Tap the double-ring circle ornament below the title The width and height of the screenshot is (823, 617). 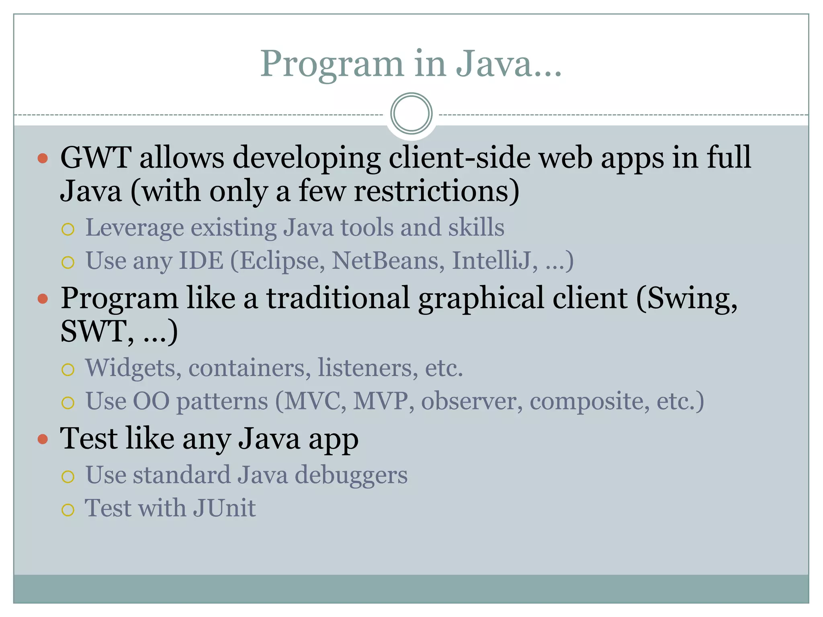pyautogui.click(x=411, y=113)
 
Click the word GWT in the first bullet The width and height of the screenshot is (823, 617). pyautogui.click(x=96, y=157)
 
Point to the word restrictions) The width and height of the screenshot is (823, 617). pyautogui.click(x=436, y=191)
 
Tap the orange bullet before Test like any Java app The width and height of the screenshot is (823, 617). pyautogui.click(x=43, y=439)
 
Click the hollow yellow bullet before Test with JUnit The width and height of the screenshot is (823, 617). pyautogui.click(x=68, y=510)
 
